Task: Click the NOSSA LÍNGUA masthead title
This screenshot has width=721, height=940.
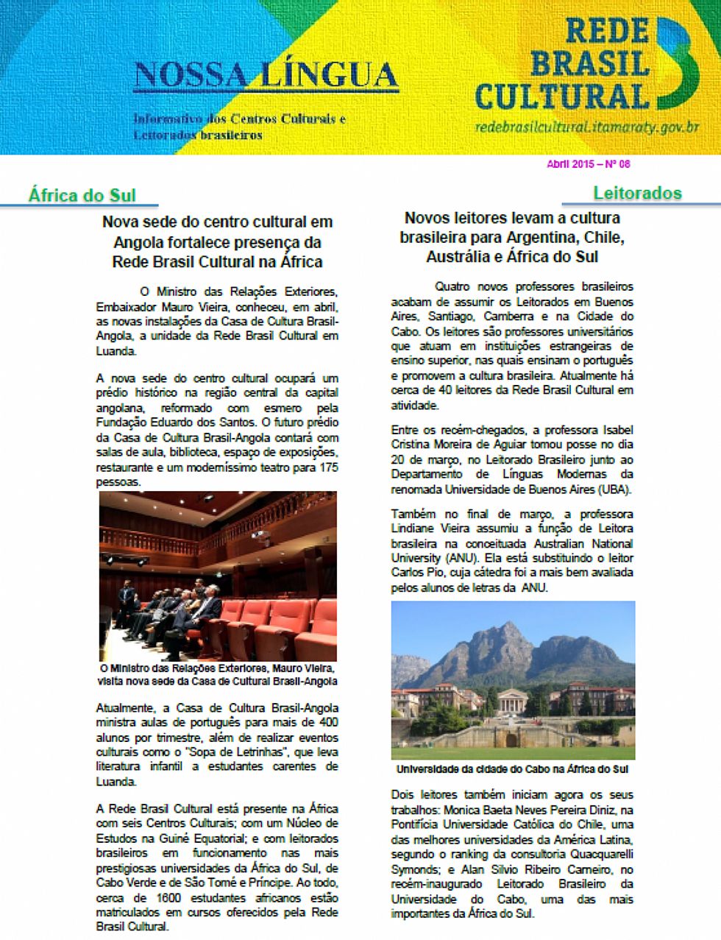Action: (266, 74)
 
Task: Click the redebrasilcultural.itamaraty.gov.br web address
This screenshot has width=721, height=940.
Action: (586, 127)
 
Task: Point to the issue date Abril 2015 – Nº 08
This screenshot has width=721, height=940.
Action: (589, 164)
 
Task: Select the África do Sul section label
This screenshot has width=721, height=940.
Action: (82, 195)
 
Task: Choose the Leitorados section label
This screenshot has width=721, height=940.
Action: (637, 193)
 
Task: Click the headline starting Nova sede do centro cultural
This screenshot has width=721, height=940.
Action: (217, 241)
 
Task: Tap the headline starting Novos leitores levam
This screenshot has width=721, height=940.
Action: (512, 237)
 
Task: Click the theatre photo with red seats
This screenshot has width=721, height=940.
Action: (218, 576)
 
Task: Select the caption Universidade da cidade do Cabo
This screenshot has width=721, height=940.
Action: (512, 769)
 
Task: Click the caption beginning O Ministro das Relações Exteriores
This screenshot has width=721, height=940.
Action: (218, 674)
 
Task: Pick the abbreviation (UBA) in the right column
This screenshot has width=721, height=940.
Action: (614, 490)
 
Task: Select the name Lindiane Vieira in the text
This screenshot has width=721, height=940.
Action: (427, 529)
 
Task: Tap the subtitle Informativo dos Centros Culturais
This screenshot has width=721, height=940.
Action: (239, 119)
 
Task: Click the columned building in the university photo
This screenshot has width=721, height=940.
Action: (513, 698)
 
